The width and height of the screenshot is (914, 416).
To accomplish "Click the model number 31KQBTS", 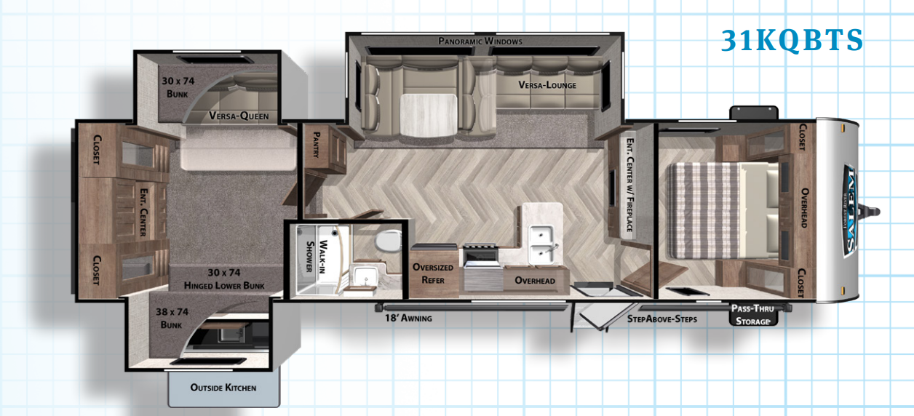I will click(x=791, y=41).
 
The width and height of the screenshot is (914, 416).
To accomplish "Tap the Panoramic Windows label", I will click(x=480, y=41).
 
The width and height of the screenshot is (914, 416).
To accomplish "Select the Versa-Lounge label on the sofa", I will click(x=547, y=85).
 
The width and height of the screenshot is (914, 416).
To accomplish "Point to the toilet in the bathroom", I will click(x=391, y=239).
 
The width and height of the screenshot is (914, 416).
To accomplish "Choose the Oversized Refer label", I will click(x=433, y=273).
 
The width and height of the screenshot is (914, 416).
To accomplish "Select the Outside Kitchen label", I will click(x=223, y=388).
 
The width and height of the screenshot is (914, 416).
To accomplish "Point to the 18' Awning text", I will click(x=408, y=318).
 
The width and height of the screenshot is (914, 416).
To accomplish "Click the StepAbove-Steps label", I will click(x=661, y=319).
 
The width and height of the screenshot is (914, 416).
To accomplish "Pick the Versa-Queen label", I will click(x=239, y=116).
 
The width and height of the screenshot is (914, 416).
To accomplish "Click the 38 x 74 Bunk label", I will click(x=172, y=317).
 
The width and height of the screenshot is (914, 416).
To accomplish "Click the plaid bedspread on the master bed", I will click(x=702, y=209).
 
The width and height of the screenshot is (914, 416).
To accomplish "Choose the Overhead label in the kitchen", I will click(x=535, y=280).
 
